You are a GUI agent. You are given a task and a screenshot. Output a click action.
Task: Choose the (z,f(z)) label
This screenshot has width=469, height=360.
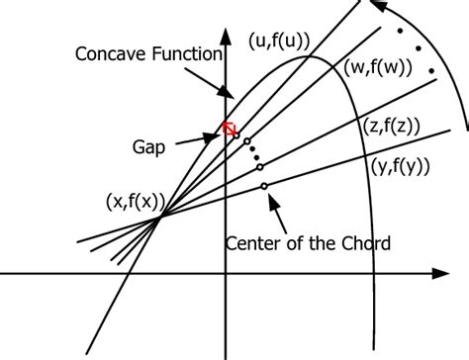click(392, 126)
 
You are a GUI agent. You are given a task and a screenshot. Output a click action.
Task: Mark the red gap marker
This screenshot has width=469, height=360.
click(230, 129)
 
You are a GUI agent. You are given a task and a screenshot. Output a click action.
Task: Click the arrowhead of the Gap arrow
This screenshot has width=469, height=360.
click(219, 135)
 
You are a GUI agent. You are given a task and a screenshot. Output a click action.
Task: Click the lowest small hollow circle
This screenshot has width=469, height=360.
click(264, 185)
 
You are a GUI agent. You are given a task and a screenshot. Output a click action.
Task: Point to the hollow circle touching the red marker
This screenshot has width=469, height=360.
click(235, 134)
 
